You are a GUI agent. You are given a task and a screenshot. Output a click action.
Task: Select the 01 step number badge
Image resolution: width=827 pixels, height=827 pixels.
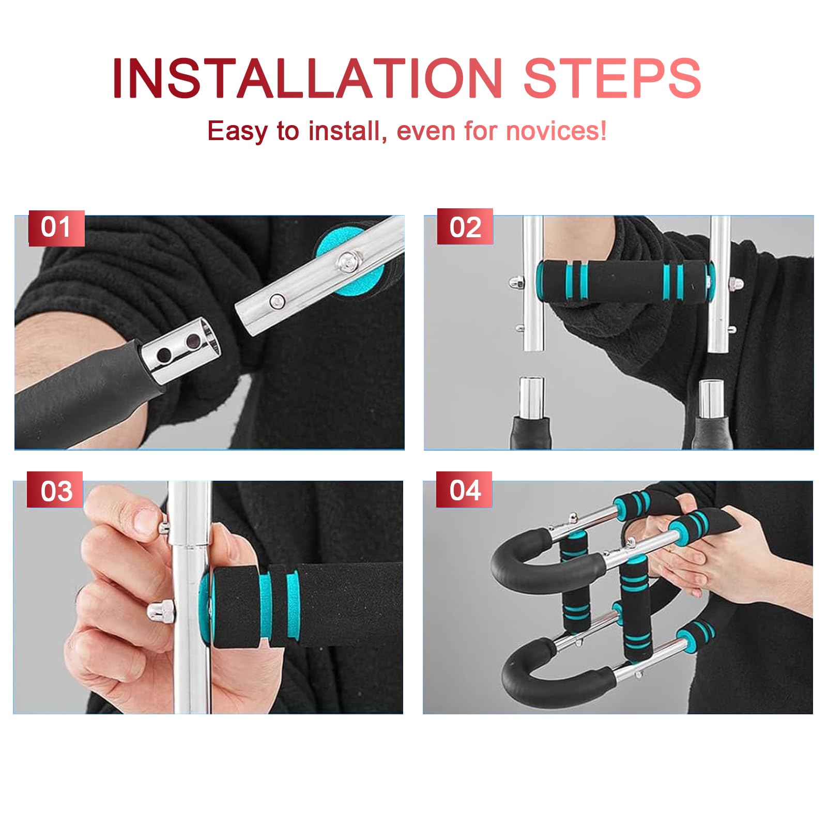(x=56, y=227)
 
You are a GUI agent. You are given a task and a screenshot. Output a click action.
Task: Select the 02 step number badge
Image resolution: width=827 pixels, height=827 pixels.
(x=465, y=227)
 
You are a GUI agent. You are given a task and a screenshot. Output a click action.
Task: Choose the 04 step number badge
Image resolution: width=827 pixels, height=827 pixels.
(x=465, y=489)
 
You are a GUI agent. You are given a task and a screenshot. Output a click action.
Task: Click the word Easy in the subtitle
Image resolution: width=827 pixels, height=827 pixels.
(x=237, y=131)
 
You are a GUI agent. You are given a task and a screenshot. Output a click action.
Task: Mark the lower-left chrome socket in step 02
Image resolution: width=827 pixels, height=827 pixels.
(x=531, y=395)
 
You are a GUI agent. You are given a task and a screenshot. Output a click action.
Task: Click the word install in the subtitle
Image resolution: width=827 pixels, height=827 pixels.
(x=344, y=131)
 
